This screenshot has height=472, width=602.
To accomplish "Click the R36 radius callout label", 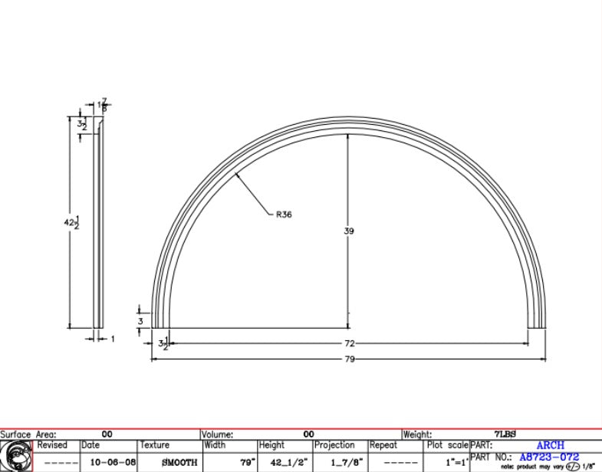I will pos(284,215).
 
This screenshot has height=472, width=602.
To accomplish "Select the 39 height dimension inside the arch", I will pos(350,231).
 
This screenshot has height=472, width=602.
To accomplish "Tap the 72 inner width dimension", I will pos(350,344).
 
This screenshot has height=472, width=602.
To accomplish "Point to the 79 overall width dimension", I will pos(350,359).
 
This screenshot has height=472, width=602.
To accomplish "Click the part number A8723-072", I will pos(548,457).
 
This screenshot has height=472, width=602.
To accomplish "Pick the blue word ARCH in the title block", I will pos(550,445).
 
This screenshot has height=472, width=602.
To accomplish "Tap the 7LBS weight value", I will pos(506,434).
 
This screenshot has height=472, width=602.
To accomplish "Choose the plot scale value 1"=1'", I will pos(447,462).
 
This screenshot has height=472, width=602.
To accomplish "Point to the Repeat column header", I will pos(383,445).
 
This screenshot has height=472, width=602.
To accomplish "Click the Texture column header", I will pos(154,445).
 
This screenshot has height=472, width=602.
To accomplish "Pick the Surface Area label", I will pos(28,434).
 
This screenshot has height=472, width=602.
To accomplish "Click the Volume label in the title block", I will pos(217,434).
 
